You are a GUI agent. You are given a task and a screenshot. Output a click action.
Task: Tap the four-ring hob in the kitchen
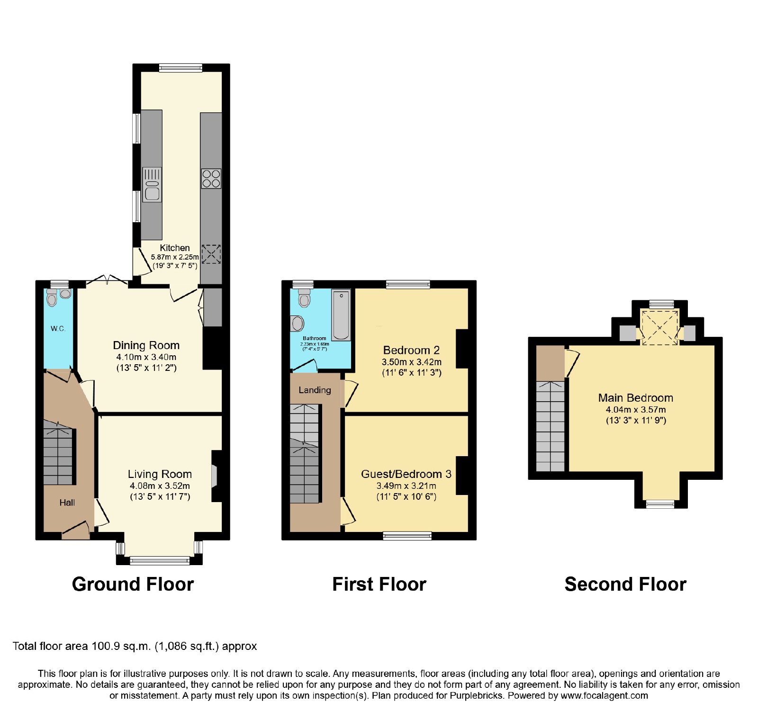pyautogui.click(x=211, y=179)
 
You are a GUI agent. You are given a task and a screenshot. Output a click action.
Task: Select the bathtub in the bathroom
pyautogui.click(x=341, y=315)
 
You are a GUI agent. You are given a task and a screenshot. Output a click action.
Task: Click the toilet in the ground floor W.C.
pyautogui.click(x=52, y=297)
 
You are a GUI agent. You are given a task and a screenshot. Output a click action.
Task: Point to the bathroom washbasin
pyautogui.click(x=297, y=324)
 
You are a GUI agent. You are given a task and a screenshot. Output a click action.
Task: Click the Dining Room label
pyautogui.click(x=146, y=345)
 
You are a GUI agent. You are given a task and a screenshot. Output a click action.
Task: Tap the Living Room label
pyautogui.click(x=160, y=474)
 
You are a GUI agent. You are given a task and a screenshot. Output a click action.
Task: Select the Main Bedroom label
pyautogui.click(x=635, y=398)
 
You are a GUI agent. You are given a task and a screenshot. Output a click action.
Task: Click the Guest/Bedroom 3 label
pyautogui.click(x=406, y=474)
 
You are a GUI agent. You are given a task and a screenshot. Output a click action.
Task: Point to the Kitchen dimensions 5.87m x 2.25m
pyautogui.click(x=175, y=257)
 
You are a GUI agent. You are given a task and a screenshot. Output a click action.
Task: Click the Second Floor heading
pyautogui.click(x=625, y=584)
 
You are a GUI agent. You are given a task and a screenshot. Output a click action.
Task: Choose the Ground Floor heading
pyautogui.click(x=133, y=584)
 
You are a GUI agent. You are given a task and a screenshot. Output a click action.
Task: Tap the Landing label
pyautogui.click(x=315, y=390)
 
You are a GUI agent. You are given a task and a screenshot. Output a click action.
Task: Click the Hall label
pyautogui.click(x=67, y=503)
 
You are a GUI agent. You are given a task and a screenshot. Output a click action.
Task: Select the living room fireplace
pyautogui.click(x=216, y=476)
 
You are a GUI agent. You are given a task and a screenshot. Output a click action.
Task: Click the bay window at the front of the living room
pyautogui.click(x=160, y=560)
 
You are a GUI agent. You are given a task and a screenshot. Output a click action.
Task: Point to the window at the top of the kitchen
pyautogui.click(x=180, y=68)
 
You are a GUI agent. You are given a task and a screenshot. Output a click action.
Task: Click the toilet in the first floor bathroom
pyautogui.click(x=304, y=298)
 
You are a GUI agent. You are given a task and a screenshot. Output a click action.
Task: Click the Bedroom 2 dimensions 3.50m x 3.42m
pyautogui.click(x=411, y=362)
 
